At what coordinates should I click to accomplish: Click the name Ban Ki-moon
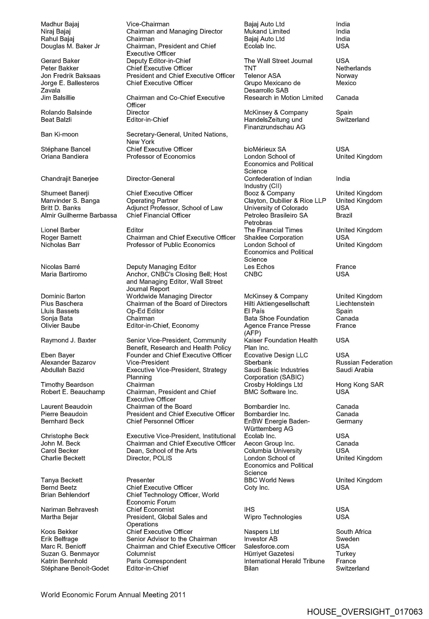tap(59, 134)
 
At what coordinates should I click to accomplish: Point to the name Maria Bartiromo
tap(63, 274)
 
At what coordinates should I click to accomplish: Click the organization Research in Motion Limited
tap(283, 98)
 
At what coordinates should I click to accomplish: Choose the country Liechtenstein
tap(355, 304)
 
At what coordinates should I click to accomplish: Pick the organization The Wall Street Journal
tap(278, 61)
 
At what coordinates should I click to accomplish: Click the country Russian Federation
tap(364, 362)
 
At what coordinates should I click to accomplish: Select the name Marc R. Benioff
tap(63, 546)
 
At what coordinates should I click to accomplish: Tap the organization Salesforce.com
tap(266, 546)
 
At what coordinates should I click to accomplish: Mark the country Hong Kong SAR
tap(359, 385)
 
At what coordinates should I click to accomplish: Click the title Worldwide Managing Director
tap(169, 296)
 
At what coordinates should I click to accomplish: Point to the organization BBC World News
tap(269, 480)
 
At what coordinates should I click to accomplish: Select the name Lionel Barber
tap(60, 230)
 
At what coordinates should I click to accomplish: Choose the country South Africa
tap(353, 532)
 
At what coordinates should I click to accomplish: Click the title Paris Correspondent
tap(156, 561)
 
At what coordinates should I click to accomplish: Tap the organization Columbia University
tap(273, 451)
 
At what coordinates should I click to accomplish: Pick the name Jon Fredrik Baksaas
tap(70, 76)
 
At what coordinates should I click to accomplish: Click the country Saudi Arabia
tap(354, 370)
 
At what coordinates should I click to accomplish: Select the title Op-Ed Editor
tap(145, 311)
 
